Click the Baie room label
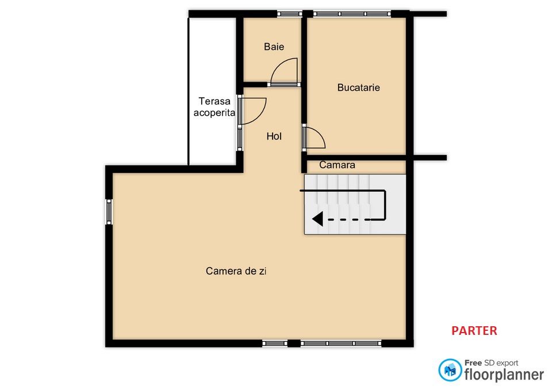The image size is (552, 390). coord(274,47)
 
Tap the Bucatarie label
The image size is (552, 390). coord(358,87)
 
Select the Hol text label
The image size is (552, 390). coord(274,136)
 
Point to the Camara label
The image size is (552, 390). coord(337,165)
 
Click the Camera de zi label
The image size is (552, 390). coord(236,271)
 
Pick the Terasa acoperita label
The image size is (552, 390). coord(214,107)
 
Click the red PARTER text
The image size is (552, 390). coord(474,331)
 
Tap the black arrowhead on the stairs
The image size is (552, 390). coord(318,219)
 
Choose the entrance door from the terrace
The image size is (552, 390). coord(253,111)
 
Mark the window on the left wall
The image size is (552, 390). coord(109,212)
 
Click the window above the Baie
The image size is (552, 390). coord(290,14)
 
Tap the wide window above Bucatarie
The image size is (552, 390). coord(352,14)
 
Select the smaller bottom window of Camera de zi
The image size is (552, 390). coord(275,343)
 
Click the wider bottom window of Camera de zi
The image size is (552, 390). coord(341,343)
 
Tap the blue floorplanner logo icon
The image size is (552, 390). coord(450,370)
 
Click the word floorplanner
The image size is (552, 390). coord(504,375)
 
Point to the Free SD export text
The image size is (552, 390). coord(491,363)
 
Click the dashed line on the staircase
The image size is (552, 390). coord(348,219)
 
